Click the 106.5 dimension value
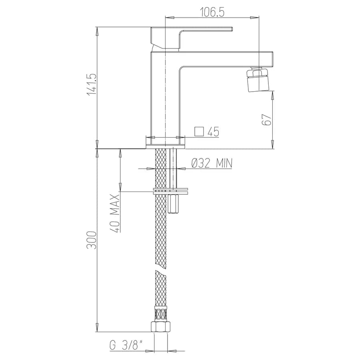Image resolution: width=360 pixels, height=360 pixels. point(212,12)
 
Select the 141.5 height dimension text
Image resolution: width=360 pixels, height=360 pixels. point(91,84)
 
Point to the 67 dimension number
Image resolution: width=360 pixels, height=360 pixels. point(266,119)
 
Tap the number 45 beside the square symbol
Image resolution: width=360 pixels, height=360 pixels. point(214,132)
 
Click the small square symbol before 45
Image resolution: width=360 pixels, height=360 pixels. point(199,132)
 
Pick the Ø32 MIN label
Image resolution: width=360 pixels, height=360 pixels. point(212,163)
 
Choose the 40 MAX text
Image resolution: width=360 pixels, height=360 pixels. point(116,214)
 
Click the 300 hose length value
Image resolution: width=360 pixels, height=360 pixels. point(91,240)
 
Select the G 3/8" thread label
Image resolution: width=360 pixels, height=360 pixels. point(126,345)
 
